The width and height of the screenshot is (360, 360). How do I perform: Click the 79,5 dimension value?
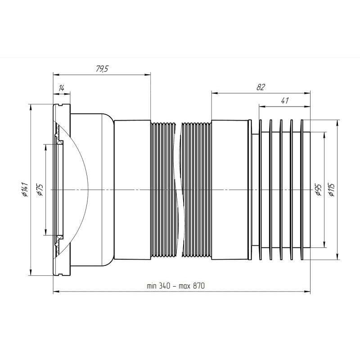tap(102, 69)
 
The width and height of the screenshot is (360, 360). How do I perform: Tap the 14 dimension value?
tap(61, 88)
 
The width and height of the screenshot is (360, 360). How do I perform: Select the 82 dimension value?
tap(261, 87)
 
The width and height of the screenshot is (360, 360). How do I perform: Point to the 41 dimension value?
tap(284, 100)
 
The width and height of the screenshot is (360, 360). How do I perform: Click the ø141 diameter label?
tap(25, 189)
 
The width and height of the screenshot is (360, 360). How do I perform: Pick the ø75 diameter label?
tap(40, 189)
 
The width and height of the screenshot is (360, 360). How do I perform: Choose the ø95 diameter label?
tap(318, 190)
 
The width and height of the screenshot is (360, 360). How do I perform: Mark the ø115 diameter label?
tap(332, 190)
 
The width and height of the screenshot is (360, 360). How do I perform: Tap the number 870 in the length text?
tap(198, 286)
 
